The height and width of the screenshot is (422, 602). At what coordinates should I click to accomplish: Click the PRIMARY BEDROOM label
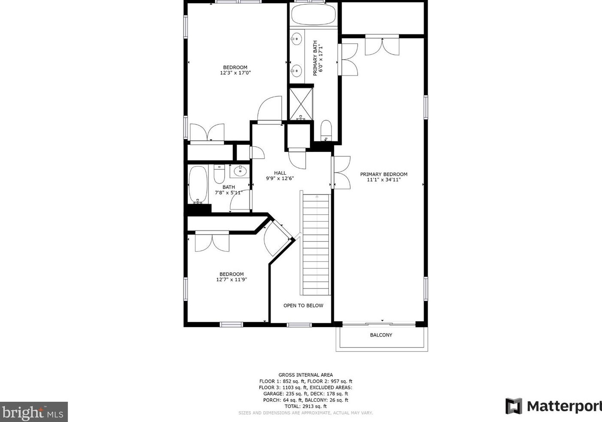point(383,174)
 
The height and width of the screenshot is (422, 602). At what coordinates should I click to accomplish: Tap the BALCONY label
point(381,335)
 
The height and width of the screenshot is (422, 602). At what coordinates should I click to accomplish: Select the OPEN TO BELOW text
point(303,306)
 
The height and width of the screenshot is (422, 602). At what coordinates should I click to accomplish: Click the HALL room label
point(280,173)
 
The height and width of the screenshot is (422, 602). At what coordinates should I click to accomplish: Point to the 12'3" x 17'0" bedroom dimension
point(235,73)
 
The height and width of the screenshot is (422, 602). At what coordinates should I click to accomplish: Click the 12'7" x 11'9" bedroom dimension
point(232,280)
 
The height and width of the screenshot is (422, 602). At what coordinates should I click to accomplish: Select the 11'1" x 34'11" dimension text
point(383,180)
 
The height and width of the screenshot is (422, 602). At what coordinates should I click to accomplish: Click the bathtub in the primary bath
point(313,15)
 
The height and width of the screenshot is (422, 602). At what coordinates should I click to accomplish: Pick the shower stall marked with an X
point(301,103)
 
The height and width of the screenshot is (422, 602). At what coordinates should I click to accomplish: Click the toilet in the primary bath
point(326,131)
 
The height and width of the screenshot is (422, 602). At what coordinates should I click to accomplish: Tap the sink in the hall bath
point(241,171)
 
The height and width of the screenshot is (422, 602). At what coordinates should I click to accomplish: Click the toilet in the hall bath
point(220,174)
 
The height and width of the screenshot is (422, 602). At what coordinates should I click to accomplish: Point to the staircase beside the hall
point(316,245)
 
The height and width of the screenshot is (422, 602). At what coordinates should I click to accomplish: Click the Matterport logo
point(553,406)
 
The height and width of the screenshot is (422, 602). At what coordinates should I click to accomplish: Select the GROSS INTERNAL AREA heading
point(305,375)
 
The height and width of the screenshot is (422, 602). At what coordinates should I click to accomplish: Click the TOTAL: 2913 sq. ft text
point(305,406)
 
